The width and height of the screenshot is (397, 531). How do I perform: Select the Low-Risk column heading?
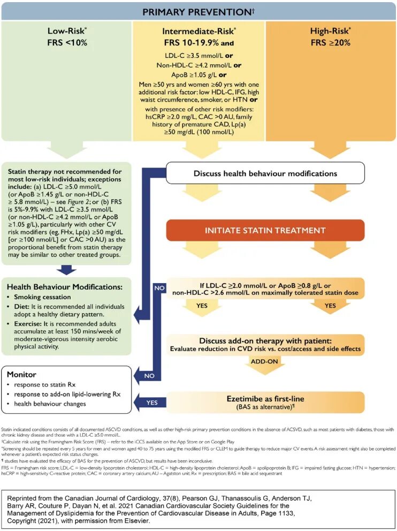click(x=67, y=31)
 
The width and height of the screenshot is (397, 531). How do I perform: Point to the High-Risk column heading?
click(x=331, y=31)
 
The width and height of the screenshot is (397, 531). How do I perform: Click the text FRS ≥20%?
click(x=331, y=42)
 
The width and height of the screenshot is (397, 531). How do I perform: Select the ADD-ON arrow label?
click(x=265, y=362)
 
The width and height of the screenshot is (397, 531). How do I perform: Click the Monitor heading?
click(x=21, y=374)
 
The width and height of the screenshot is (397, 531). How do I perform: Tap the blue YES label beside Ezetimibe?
click(x=152, y=402)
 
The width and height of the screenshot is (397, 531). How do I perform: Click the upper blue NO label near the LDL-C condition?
click(x=159, y=287)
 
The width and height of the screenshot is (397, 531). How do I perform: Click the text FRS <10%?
click(x=67, y=42)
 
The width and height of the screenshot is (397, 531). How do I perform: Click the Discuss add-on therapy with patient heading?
click(x=265, y=341)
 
